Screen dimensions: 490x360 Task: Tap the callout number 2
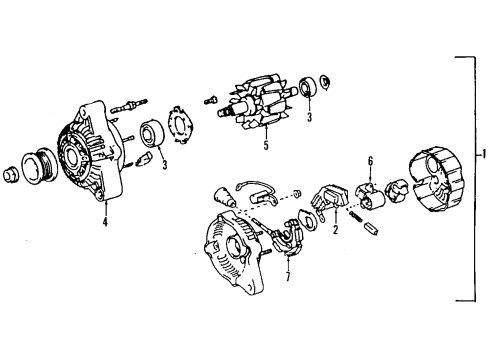click(x=335, y=229)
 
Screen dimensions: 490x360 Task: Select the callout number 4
click(x=105, y=222)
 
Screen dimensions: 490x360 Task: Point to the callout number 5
click(x=266, y=146)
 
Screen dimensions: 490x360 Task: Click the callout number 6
click(x=370, y=161)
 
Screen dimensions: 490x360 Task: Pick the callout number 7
click(x=288, y=277)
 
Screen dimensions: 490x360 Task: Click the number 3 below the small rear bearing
click(x=310, y=117)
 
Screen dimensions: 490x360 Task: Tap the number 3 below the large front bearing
click(x=165, y=165)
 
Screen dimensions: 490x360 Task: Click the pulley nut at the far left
click(x=11, y=174)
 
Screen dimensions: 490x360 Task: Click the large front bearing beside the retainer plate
click(x=152, y=133)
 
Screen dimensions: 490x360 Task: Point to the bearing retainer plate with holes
click(x=180, y=125)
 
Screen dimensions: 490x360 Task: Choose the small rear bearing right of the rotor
click(x=309, y=87)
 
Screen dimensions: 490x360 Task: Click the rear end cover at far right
click(x=435, y=180)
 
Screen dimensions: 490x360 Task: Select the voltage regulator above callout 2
click(x=330, y=199)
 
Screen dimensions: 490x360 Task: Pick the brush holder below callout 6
click(x=369, y=195)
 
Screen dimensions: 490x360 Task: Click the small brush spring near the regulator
click(x=356, y=216)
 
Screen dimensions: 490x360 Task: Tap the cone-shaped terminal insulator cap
click(x=225, y=198)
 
